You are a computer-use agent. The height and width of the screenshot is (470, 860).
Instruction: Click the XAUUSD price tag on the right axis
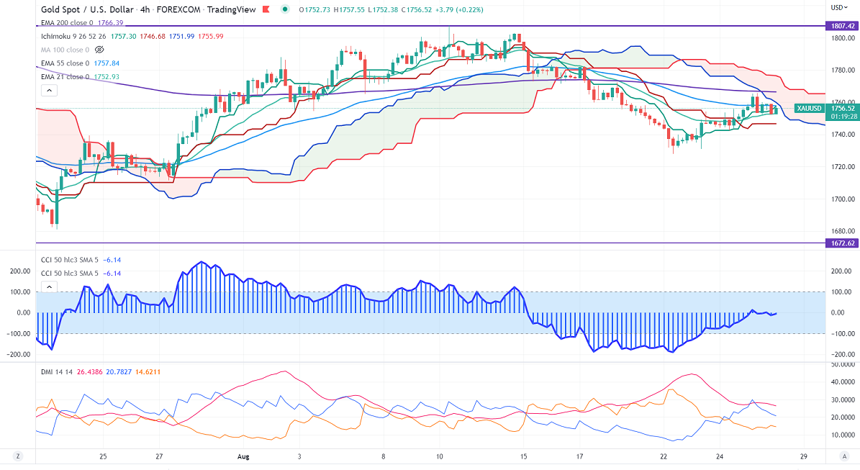810,109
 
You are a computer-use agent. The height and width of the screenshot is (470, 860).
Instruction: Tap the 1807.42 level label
841,26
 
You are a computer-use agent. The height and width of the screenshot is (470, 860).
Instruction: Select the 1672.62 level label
841,243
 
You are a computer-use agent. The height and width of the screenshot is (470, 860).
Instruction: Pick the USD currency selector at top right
838,7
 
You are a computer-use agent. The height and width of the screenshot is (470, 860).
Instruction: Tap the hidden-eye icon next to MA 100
100,50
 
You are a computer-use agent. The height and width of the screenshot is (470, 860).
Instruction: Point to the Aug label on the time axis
244,456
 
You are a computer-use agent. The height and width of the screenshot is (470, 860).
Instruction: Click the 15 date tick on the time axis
524,456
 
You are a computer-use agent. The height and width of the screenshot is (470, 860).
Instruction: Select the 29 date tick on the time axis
804,456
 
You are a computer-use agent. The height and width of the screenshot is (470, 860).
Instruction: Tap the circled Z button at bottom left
17,456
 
